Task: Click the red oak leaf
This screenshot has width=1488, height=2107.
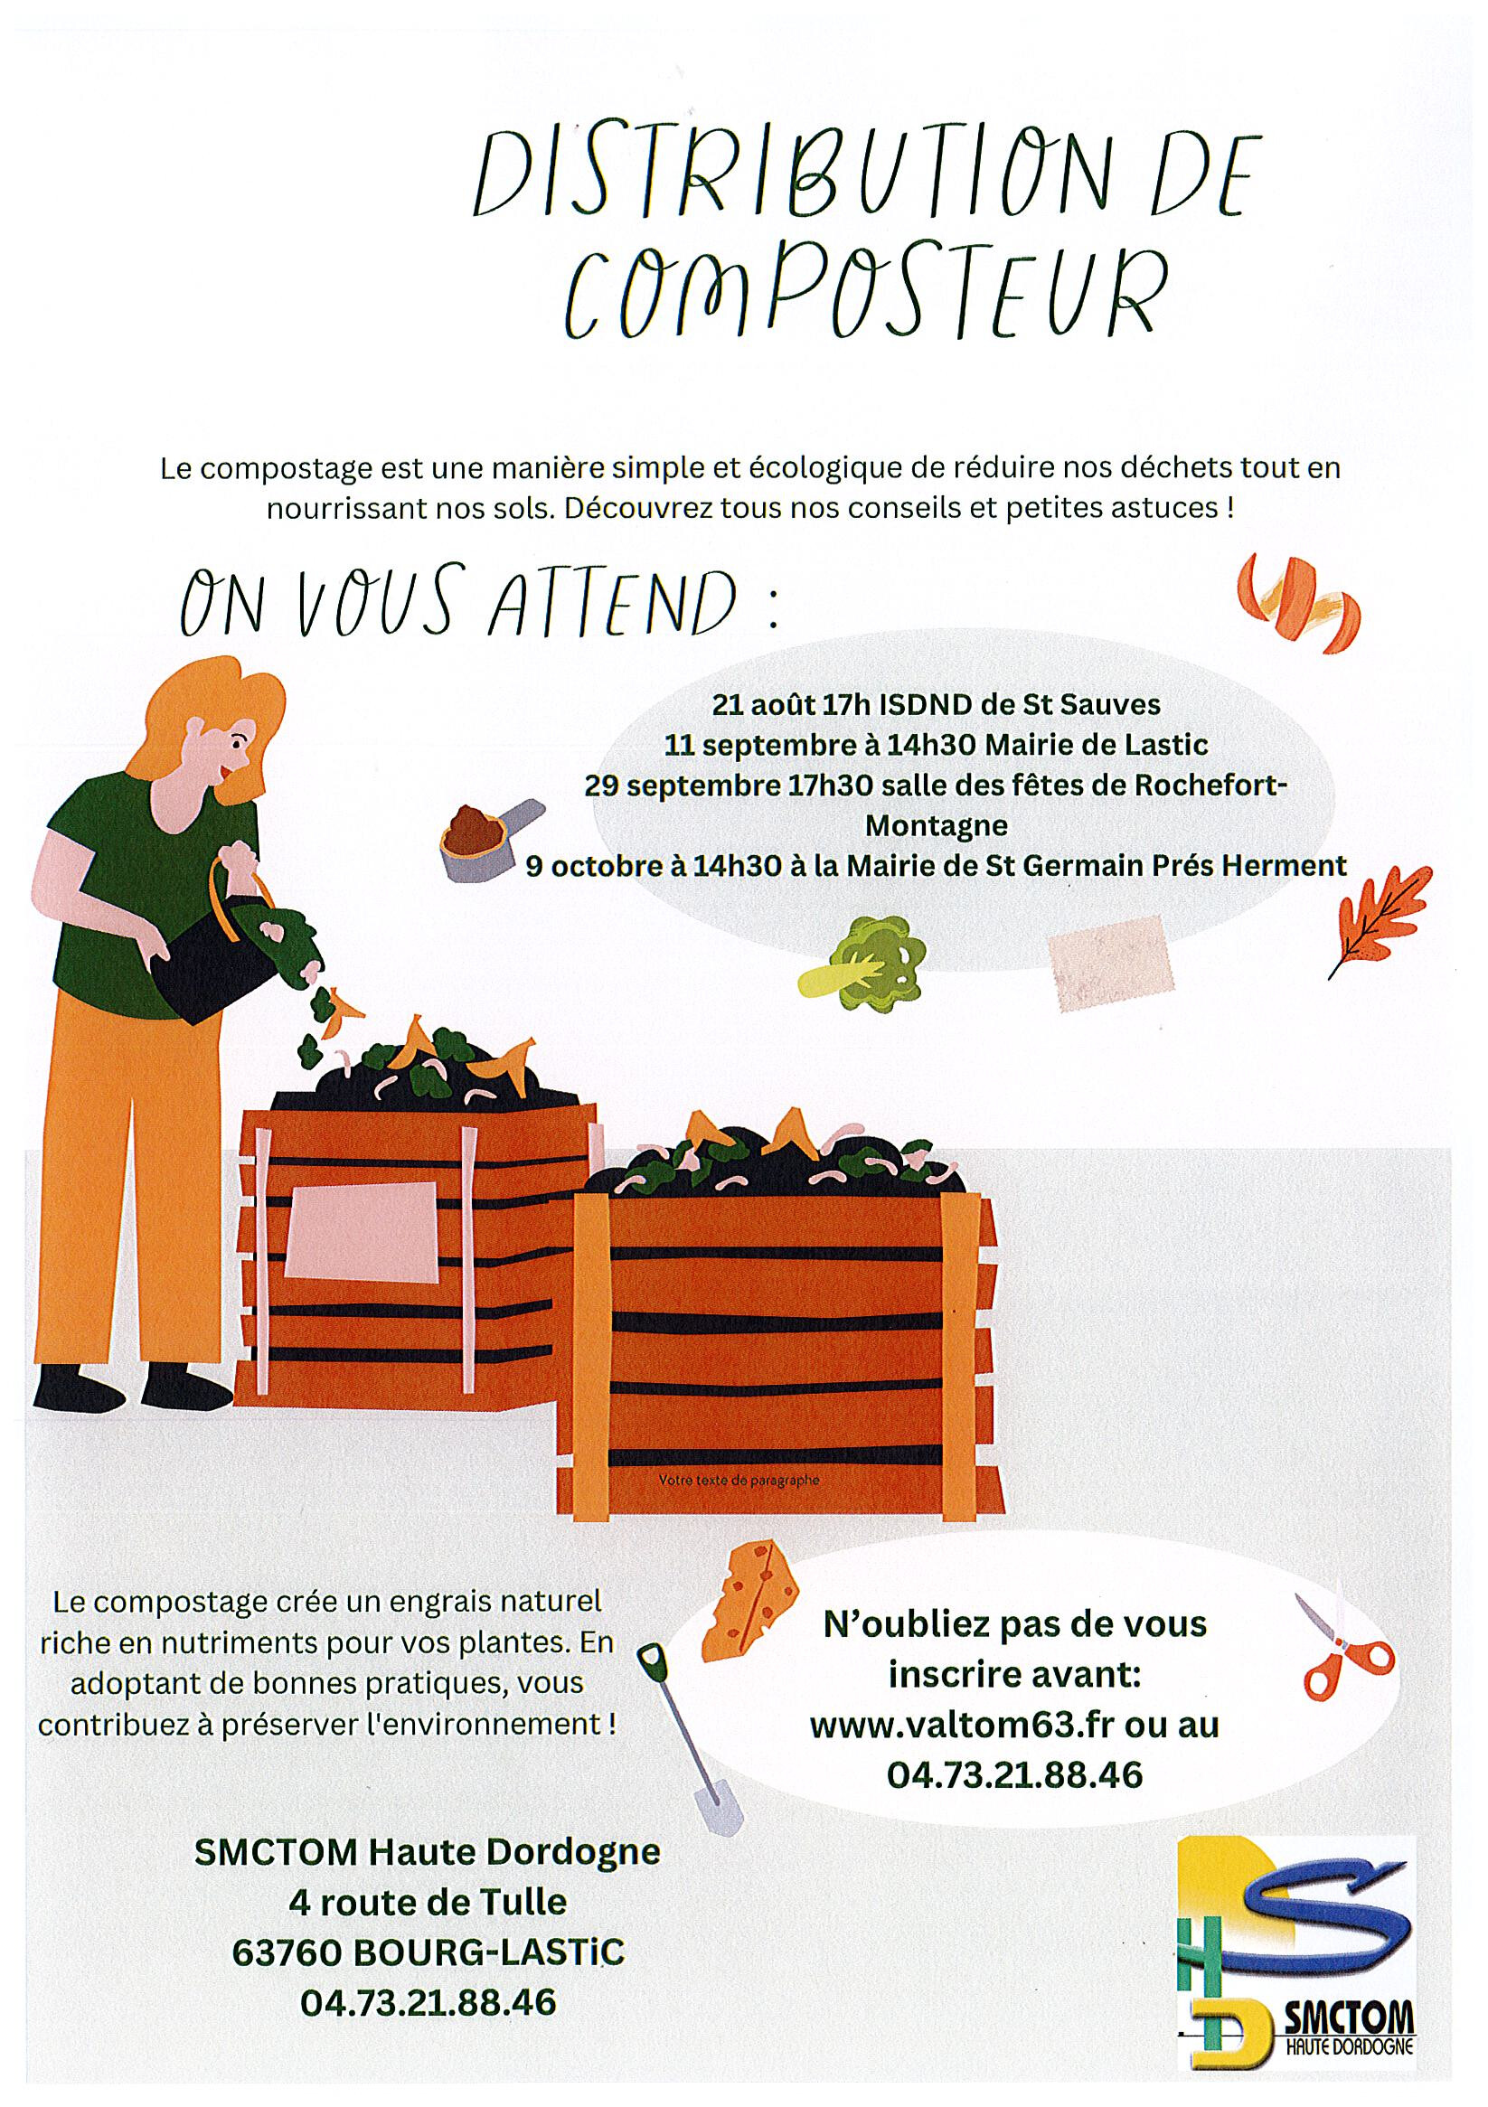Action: click(1378, 925)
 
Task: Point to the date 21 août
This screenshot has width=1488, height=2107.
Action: click(761, 705)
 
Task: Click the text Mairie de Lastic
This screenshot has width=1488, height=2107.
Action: click(1096, 744)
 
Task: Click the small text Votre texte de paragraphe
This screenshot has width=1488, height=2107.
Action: click(738, 1481)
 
